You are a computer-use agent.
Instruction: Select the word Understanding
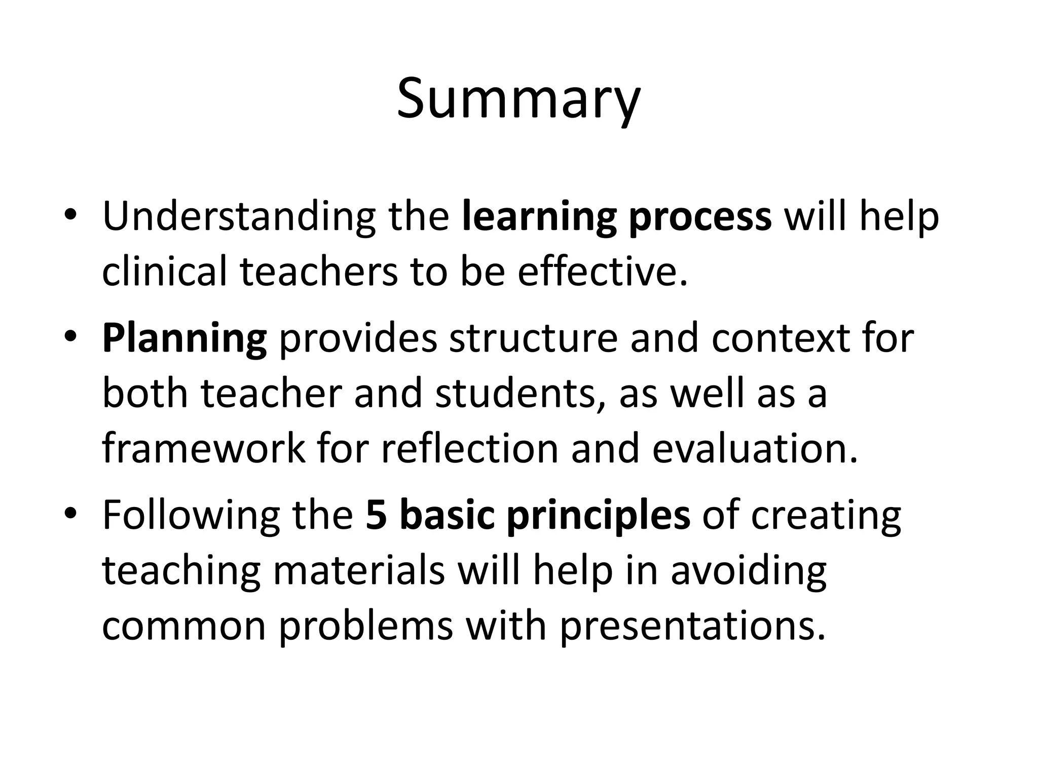(x=239, y=217)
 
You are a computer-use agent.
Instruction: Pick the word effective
(x=603, y=271)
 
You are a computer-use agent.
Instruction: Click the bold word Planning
(x=184, y=338)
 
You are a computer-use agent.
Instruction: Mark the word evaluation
(x=755, y=449)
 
